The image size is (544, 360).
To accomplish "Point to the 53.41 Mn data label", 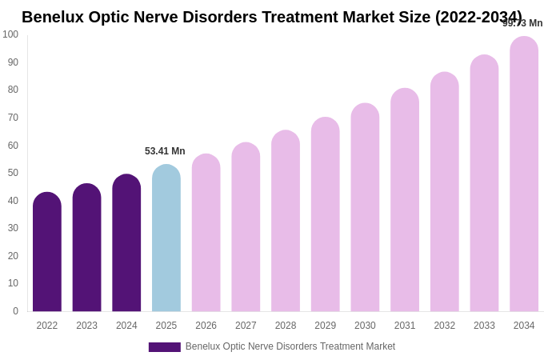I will [x=165, y=151].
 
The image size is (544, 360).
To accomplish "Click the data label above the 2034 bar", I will [x=522, y=23].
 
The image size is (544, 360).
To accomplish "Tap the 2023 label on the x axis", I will [x=86, y=326].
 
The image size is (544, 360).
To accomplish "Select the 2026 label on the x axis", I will [x=206, y=326].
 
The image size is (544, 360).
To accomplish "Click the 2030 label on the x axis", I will [x=365, y=326].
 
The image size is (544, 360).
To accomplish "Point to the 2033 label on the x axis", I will [x=484, y=326].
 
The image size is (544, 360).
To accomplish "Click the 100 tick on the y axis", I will [x=10, y=34].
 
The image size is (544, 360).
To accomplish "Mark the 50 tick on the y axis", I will [x=13, y=173].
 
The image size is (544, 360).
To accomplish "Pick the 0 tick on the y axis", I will [x=15, y=311].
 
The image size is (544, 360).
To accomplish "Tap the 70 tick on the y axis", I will [x=13, y=118].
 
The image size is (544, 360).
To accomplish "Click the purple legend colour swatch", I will [x=164, y=347].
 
